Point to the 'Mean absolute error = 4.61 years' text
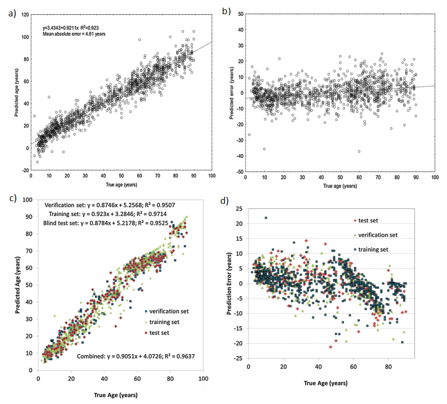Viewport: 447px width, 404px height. coord(74,33)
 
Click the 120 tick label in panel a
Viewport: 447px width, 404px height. coord(25,15)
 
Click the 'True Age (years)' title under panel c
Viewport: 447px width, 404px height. coord(115,394)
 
